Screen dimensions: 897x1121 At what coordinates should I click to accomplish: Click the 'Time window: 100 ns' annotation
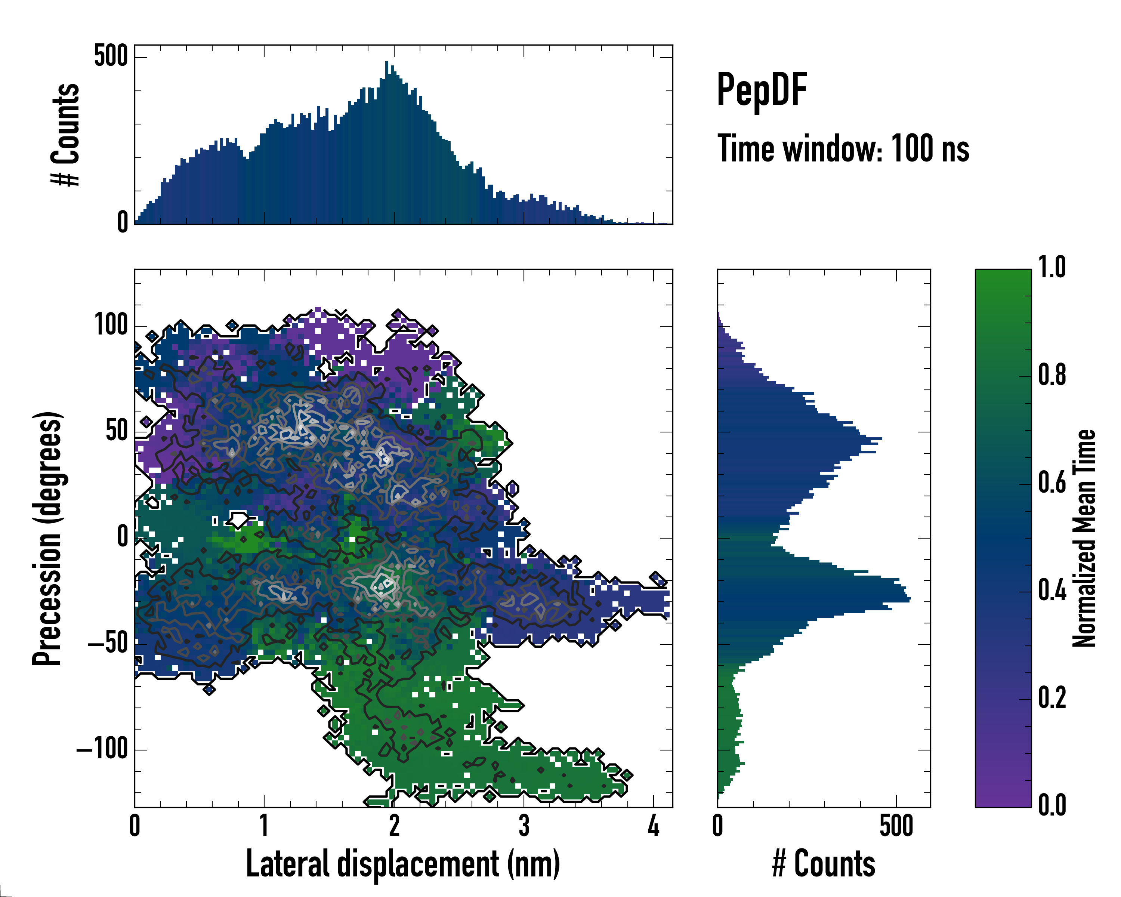pos(843,149)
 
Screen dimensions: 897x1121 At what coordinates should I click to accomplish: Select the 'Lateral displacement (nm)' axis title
pos(403,864)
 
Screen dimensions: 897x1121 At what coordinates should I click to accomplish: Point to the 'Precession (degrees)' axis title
pos(47,538)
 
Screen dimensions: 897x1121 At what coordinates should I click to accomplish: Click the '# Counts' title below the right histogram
pos(824,864)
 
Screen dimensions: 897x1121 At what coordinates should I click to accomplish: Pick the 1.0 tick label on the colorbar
pos(1052,268)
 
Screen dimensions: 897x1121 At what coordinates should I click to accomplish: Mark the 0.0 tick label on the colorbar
pos(1052,805)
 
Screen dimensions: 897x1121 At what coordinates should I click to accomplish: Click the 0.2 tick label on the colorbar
pos(1052,698)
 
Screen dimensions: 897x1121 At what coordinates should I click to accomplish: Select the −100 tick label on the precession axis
pos(102,750)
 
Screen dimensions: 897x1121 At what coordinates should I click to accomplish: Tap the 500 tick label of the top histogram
pos(111,56)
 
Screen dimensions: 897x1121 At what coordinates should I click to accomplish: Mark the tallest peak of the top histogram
pos(386,62)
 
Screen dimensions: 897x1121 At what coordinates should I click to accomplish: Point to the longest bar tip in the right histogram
pos(910,599)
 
